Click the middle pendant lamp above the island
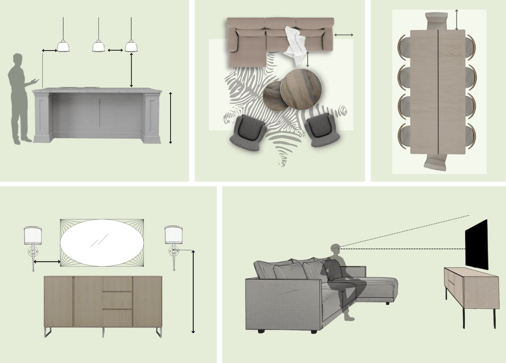pyautogui.click(x=98, y=46)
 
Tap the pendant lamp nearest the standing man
pyautogui.click(x=63, y=46)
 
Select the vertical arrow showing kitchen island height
pyautogui.click(x=171, y=118)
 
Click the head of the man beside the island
pyautogui.click(x=18, y=59)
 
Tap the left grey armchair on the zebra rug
pyautogui.click(x=247, y=133)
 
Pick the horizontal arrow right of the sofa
pyautogui.click(x=343, y=35)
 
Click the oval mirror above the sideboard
pyautogui.click(x=102, y=243)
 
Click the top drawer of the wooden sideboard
pyautogui.click(x=117, y=284)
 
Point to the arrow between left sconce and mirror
pyautogui.click(x=47, y=261)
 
